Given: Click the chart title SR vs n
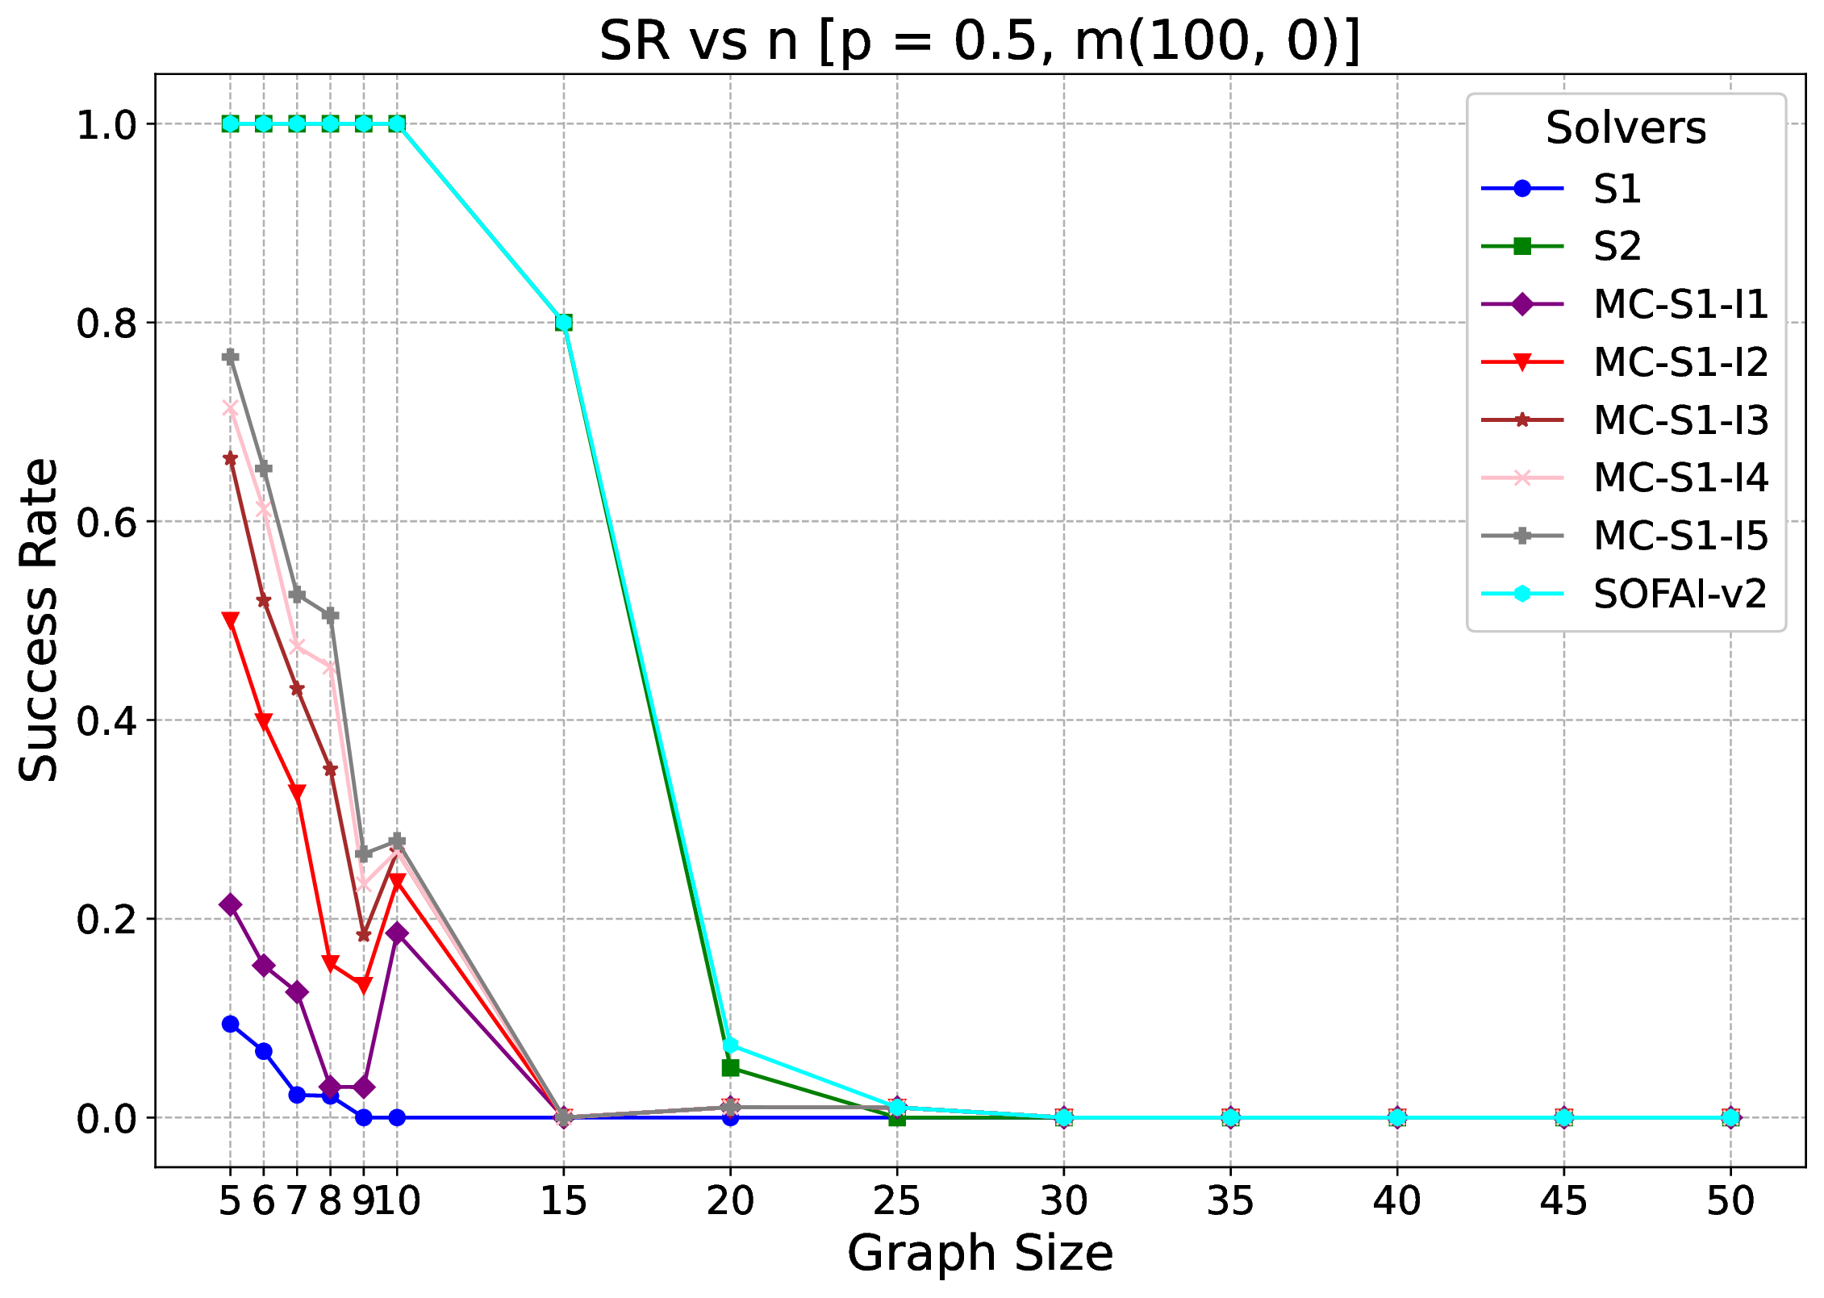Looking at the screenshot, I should (979, 42).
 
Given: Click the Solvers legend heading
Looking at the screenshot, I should (1626, 127).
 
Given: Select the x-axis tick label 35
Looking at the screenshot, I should (1229, 1201).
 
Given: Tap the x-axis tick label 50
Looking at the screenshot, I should (1730, 1201).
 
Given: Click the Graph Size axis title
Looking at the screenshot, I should (979, 1254).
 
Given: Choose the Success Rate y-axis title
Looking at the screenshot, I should (39, 620).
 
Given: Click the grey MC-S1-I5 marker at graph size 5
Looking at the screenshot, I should (231, 357).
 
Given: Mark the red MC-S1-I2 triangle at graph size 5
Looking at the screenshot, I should (231, 620).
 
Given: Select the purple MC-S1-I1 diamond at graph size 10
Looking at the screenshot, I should (397, 933).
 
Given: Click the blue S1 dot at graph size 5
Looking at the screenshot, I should (231, 1024).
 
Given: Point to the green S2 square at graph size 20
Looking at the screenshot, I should (730, 1067).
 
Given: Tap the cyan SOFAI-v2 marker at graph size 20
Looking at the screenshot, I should (730, 1045).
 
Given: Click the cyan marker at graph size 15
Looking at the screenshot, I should (564, 323).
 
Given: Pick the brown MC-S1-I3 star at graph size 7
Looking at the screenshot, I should (297, 689).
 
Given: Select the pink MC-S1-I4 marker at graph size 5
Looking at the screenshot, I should (231, 408).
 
